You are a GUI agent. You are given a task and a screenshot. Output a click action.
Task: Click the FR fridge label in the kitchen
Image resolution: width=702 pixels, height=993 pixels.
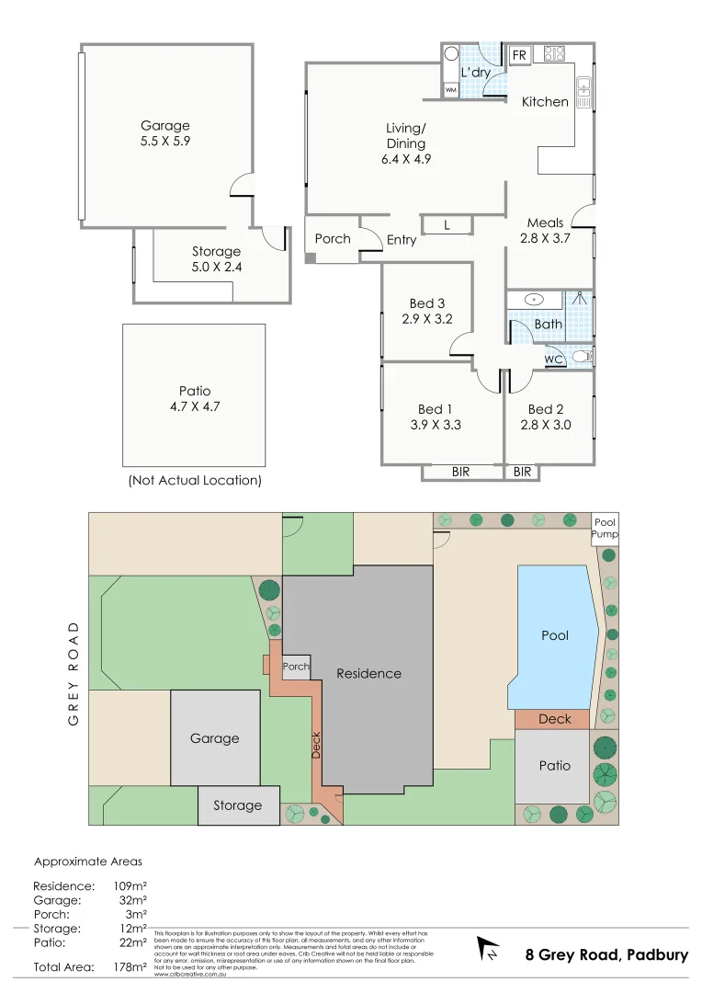click(519, 56)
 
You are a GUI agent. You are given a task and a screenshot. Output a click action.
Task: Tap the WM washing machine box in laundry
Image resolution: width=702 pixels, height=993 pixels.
click(450, 90)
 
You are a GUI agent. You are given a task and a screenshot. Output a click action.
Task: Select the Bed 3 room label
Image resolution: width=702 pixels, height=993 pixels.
click(427, 303)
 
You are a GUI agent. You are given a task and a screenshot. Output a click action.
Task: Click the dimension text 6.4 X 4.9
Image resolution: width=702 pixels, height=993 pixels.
click(406, 158)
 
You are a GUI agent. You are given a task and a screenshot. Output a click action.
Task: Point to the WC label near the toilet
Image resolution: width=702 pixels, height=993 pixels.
click(553, 360)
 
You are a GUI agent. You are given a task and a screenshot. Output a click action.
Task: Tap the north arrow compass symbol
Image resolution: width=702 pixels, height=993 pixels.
click(488, 949)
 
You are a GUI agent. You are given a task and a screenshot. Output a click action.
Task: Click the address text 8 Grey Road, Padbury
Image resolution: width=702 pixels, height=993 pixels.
click(606, 954)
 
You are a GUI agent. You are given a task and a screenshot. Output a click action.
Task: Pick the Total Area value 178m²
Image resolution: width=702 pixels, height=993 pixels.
click(129, 966)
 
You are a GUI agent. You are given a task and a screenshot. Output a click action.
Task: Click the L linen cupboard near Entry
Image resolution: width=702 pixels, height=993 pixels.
click(447, 225)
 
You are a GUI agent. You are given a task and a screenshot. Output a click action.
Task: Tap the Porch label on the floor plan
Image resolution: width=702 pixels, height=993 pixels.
click(333, 238)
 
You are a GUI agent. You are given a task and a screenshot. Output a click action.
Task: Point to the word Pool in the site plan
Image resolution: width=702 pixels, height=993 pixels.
click(555, 635)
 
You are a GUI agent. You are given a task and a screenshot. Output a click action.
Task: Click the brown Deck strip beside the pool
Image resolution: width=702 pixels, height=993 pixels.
click(555, 719)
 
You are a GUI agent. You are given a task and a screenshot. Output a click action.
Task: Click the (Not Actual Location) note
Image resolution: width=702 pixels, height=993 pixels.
click(194, 480)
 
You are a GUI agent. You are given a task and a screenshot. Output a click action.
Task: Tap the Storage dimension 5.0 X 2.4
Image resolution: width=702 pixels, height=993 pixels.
click(216, 267)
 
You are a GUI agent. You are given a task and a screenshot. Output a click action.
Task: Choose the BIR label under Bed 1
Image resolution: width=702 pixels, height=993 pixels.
click(461, 472)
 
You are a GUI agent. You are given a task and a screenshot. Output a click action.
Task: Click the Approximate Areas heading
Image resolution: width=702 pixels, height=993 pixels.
click(88, 862)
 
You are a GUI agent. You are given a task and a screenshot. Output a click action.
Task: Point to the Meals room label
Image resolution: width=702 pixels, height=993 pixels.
click(545, 223)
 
